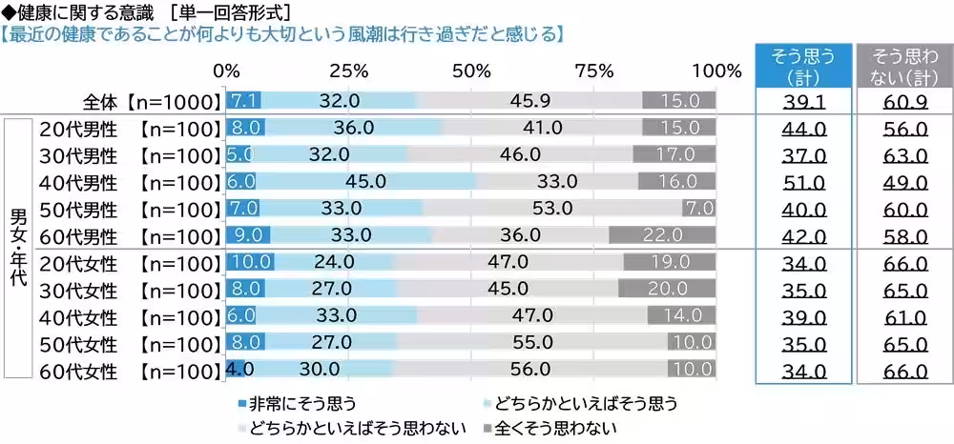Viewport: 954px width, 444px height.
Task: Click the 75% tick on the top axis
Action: tap(593, 71)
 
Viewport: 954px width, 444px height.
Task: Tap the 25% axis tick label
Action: tap(349, 71)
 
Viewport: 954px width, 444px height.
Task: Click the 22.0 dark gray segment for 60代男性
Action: tap(661, 234)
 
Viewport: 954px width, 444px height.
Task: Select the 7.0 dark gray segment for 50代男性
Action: tap(697, 208)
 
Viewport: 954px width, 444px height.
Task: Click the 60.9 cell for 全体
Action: tap(903, 101)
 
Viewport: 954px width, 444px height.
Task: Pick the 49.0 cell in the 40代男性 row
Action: tap(903, 181)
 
